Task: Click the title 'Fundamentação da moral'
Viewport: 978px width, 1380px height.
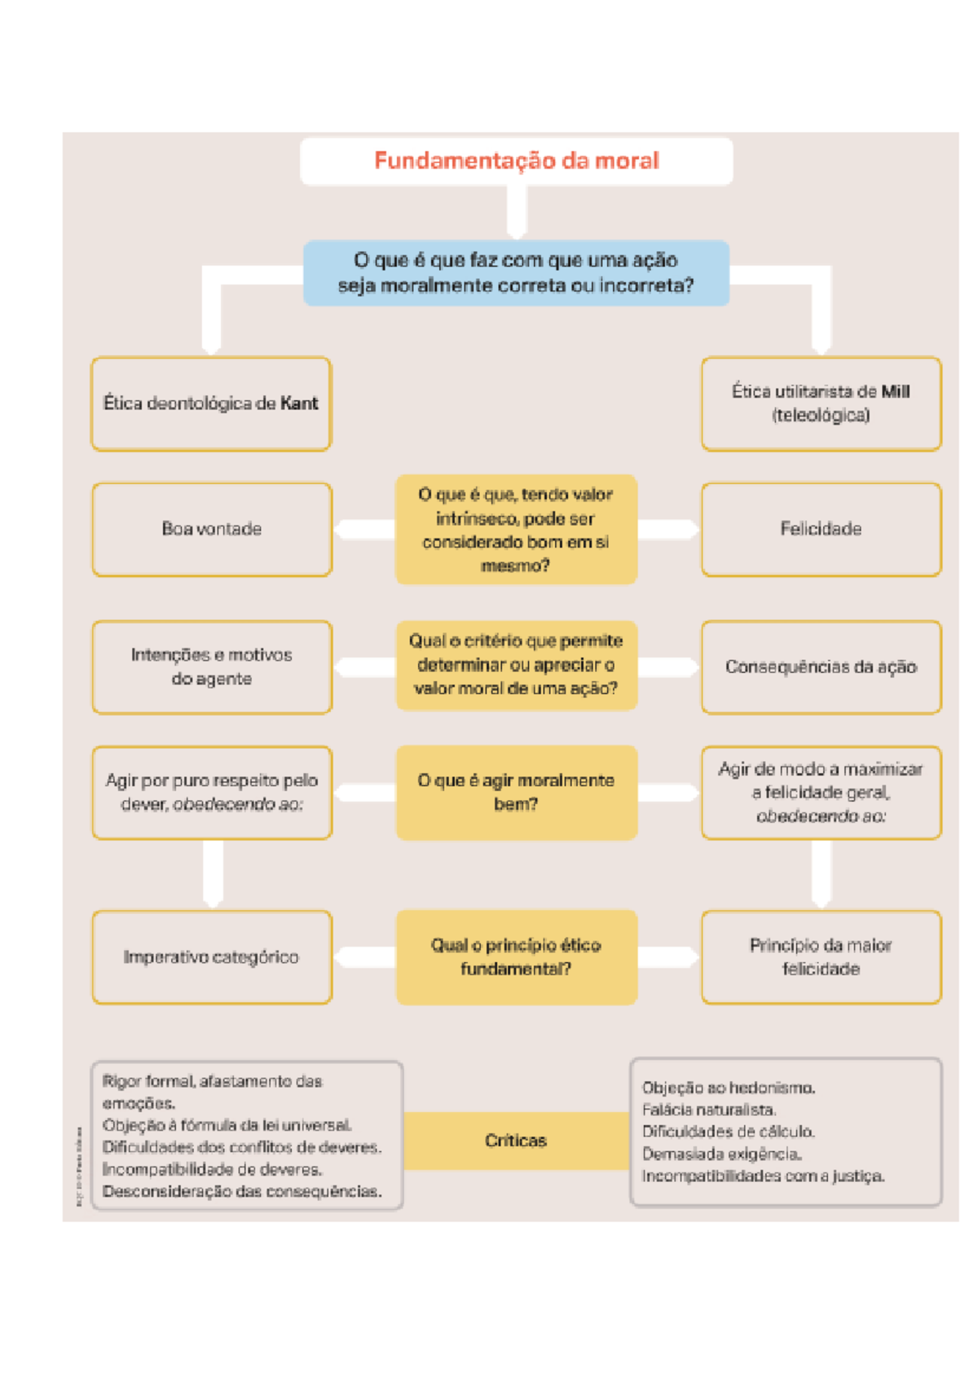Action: [x=516, y=160]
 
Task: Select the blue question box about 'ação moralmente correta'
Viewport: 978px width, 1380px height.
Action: [x=516, y=273]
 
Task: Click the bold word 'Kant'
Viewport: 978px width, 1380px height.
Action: [x=299, y=403]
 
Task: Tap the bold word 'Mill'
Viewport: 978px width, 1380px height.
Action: [x=895, y=392]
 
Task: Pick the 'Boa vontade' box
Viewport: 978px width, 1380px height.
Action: [x=212, y=530]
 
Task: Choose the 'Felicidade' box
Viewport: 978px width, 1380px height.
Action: [x=821, y=530]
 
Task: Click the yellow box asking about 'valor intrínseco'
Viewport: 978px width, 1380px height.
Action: [x=516, y=530]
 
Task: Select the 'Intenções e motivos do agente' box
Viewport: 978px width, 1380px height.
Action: [x=212, y=667]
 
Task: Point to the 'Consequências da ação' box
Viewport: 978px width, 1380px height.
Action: [x=821, y=667]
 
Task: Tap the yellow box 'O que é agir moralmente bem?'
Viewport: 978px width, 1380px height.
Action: [x=516, y=792]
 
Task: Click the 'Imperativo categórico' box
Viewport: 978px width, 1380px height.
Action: [x=212, y=957]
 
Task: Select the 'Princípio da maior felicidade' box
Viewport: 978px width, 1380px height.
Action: [x=821, y=957]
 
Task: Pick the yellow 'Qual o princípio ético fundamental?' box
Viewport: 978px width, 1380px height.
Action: [x=516, y=957]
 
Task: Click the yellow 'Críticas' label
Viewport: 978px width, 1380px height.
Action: [x=516, y=1140]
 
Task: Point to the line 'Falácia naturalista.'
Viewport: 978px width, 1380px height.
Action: [x=709, y=1110]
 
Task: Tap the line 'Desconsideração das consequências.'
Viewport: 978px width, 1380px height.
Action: [x=242, y=1192]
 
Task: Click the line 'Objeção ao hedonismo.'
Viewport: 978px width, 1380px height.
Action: [x=729, y=1088]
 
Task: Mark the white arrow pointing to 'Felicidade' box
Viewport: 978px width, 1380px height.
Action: [x=668, y=530]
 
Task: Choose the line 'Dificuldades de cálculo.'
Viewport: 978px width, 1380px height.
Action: [x=728, y=1132]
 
